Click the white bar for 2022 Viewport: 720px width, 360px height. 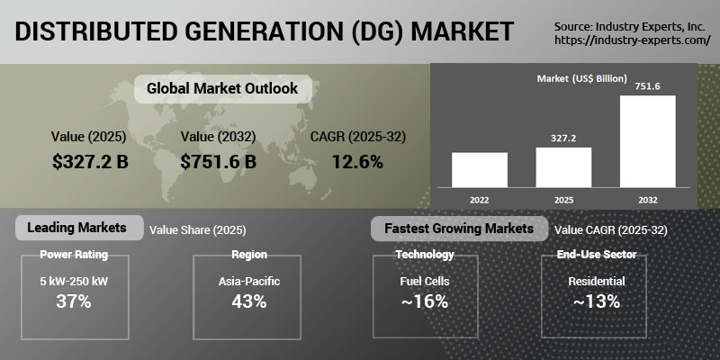480,170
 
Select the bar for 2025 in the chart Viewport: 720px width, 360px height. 563,167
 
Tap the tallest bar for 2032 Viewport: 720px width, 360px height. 647,141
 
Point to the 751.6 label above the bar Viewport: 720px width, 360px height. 647,85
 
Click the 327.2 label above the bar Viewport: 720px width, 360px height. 563,138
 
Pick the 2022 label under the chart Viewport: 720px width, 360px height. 480,200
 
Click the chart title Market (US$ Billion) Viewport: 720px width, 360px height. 581,78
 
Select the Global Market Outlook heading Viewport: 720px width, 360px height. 222,88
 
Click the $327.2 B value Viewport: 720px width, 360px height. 90,162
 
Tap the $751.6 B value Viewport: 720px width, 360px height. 218,162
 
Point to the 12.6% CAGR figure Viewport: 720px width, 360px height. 357,162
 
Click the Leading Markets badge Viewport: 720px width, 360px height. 79,228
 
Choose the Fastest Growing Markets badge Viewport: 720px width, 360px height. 459,229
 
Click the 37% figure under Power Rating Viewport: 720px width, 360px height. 74,301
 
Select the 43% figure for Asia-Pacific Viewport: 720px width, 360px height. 249,301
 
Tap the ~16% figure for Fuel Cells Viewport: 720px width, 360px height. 425,301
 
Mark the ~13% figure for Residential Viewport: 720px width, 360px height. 597,301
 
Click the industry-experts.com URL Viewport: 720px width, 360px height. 633,40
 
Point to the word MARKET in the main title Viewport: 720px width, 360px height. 462,31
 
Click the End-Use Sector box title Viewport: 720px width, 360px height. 597,255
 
